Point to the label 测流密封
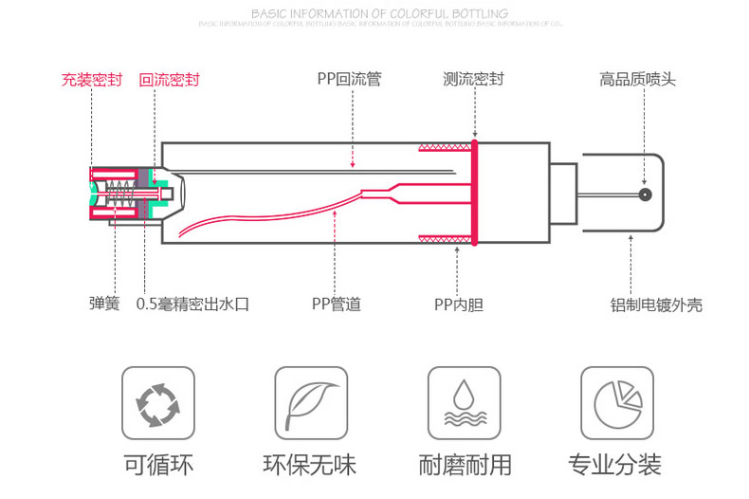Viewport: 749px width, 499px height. point(473,80)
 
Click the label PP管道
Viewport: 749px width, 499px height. point(337,305)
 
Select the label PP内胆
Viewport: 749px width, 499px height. point(459,305)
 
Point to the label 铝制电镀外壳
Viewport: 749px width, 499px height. point(656,305)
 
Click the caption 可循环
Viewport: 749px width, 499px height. point(157,465)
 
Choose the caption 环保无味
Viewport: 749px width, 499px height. point(310,465)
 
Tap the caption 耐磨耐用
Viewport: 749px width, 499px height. point(464,465)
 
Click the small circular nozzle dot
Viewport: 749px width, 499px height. point(644,194)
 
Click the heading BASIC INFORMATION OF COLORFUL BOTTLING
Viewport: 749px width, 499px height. point(379,13)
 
